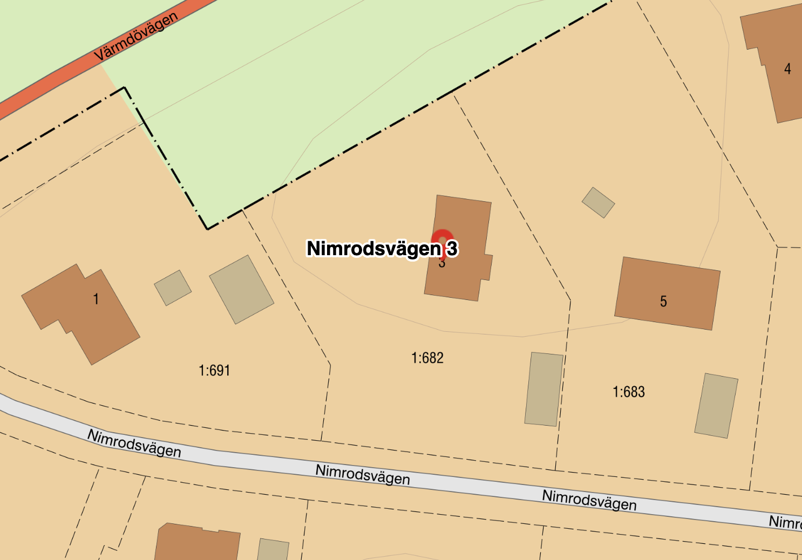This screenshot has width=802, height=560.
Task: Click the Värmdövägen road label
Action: tap(135, 37)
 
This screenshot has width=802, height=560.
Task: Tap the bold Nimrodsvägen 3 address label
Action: tap(382, 248)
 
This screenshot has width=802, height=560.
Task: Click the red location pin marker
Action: tap(443, 240)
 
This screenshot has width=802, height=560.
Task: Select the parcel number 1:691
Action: tap(214, 371)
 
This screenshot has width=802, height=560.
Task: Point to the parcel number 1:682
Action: tap(427, 358)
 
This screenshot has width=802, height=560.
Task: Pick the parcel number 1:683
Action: tap(628, 392)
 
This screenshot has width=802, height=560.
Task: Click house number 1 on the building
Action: tap(96, 299)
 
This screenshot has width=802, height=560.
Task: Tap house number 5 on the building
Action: tap(663, 302)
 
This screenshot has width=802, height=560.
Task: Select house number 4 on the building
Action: tap(787, 69)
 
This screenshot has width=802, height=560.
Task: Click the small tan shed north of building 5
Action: tap(598, 202)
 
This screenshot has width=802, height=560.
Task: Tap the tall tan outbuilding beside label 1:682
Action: tap(543, 389)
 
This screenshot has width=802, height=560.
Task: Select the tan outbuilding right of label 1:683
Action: tap(716, 405)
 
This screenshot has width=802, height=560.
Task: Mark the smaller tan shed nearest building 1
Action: tap(173, 288)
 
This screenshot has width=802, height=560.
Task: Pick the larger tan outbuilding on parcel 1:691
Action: tap(241, 289)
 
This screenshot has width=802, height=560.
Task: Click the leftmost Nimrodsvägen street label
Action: tap(134, 443)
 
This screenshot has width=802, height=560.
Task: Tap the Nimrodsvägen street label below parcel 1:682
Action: tap(363, 474)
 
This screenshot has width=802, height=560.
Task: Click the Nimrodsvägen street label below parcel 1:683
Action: tap(589, 500)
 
